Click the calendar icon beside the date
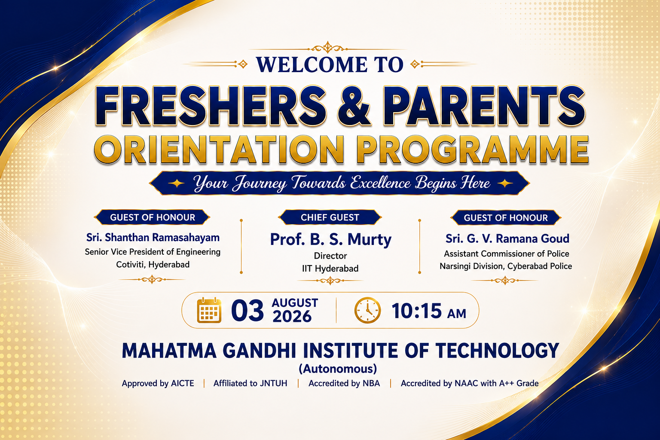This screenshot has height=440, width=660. [x=209, y=310]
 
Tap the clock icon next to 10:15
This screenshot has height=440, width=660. [x=367, y=310]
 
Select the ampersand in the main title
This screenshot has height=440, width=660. [x=354, y=106]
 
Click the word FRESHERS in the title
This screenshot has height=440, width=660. [x=211, y=106]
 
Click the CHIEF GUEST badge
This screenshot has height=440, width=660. [x=330, y=217]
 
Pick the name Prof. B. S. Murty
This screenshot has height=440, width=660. [x=330, y=239]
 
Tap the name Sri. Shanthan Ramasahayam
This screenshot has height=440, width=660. [x=153, y=238]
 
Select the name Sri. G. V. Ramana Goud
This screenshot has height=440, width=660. [x=507, y=239]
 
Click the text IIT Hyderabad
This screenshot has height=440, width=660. [x=330, y=269]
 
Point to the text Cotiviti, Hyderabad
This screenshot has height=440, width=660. [x=153, y=265]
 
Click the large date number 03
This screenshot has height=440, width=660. [x=247, y=311]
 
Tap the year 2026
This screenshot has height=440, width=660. [x=292, y=317]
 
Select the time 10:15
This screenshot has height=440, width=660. [x=417, y=311]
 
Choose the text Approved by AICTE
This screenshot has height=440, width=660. [x=158, y=383]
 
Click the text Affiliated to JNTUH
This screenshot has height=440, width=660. [x=250, y=383]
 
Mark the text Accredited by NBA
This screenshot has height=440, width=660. [x=344, y=383]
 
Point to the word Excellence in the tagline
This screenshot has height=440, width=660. [x=380, y=183]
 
